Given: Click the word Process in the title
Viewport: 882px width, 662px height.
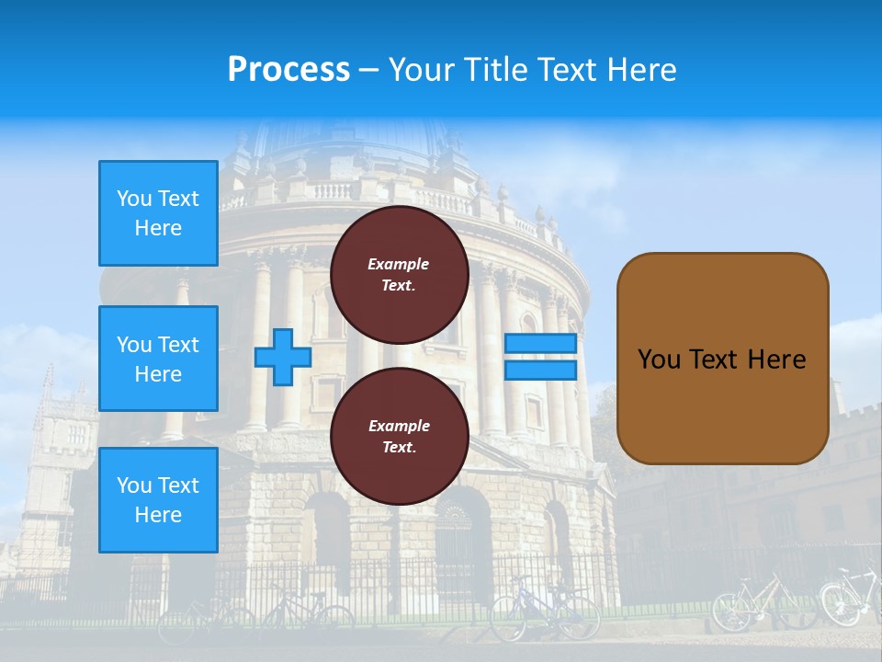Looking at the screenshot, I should (x=288, y=70).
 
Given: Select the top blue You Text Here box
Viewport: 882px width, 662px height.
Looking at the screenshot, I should (x=158, y=213).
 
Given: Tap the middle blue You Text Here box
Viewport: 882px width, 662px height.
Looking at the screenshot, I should (x=158, y=359).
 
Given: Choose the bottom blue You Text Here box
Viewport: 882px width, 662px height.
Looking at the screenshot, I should (x=158, y=500).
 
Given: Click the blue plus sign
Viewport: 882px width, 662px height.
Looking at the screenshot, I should (x=283, y=357).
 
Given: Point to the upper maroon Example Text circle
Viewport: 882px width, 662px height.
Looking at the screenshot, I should (x=399, y=274).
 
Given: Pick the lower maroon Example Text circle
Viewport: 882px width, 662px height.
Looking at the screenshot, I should (x=399, y=436).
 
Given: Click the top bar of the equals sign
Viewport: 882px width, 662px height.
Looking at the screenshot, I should (x=540, y=344).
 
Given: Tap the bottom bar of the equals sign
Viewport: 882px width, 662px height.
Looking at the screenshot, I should (x=540, y=370).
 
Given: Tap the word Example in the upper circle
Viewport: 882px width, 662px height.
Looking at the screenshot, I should (x=399, y=264).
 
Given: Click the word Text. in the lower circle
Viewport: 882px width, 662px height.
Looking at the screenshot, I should (x=399, y=448).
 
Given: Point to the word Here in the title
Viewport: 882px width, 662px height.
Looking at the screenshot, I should (x=643, y=70).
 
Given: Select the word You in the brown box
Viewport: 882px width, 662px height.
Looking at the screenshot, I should (x=659, y=360).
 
